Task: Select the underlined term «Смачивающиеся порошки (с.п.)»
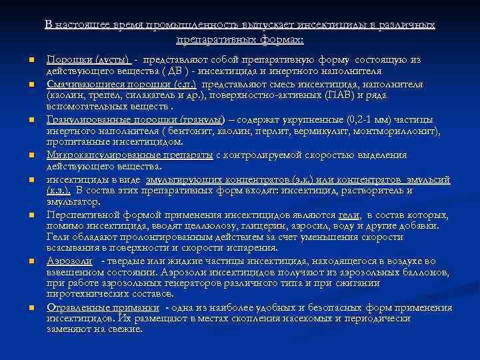coord(122,86)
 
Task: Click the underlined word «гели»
coord(349,215)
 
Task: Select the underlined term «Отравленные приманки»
coord(103,307)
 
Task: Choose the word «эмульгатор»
coord(71,201)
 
